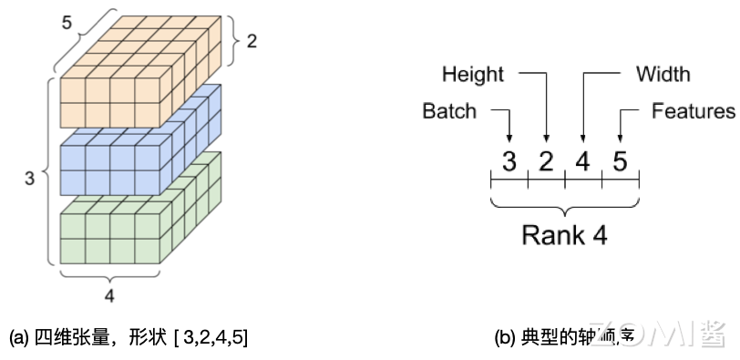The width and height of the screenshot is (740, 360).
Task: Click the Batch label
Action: [449, 111]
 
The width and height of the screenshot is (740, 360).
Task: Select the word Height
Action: [473, 74]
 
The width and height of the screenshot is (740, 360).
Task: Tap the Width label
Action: [663, 74]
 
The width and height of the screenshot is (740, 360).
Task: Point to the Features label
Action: [693, 111]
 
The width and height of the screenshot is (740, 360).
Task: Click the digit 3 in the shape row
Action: [509, 161]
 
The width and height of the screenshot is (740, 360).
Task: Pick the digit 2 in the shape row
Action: [547, 161]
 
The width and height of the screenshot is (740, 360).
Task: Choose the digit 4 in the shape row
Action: [583, 161]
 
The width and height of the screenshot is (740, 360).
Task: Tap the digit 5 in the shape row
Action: [621, 161]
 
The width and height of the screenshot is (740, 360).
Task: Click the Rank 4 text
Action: [564, 234]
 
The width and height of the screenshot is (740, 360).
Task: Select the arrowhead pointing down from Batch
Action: [509, 135]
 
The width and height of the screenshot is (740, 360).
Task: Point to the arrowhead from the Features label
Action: [621, 135]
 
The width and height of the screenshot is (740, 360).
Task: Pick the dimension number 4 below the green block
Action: [109, 295]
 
